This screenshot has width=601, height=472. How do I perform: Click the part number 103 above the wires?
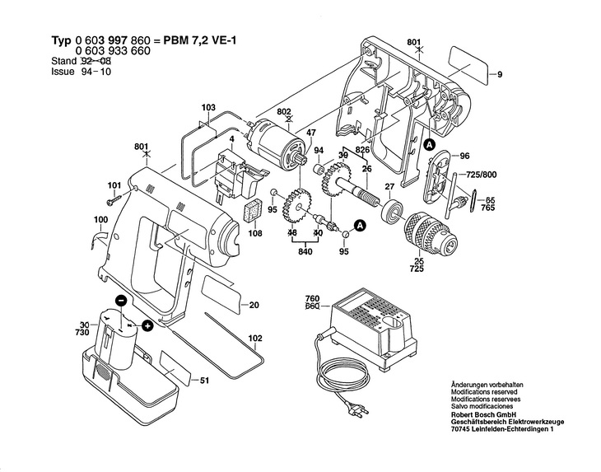click(x=208, y=108)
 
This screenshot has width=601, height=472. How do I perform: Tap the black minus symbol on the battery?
click(x=121, y=301)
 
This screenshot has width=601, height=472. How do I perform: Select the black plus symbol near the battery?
click(x=147, y=326)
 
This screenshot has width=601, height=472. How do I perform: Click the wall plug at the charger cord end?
click(x=358, y=413)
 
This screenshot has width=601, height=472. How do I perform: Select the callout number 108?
click(x=255, y=233)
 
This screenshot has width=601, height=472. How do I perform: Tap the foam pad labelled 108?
click(x=253, y=211)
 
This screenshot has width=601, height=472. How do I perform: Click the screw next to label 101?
click(x=114, y=200)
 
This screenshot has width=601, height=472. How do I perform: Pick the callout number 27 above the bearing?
click(x=389, y=187)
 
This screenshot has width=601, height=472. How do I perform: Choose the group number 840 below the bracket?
click(x=305, y=251)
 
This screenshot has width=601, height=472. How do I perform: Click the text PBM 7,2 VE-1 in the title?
click(x=200, y=40)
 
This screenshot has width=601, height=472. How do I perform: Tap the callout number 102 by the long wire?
click(x=255, y=339)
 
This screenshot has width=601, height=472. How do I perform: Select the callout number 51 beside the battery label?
click(x=205, y=381)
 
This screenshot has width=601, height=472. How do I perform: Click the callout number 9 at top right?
click(x=500, y=75)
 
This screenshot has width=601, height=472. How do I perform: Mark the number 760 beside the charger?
click(x=312, y=299)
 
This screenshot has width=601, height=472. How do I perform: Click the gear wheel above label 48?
click(x=297, y=209)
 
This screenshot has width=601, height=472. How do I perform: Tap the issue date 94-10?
click(x=96, y=72)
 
